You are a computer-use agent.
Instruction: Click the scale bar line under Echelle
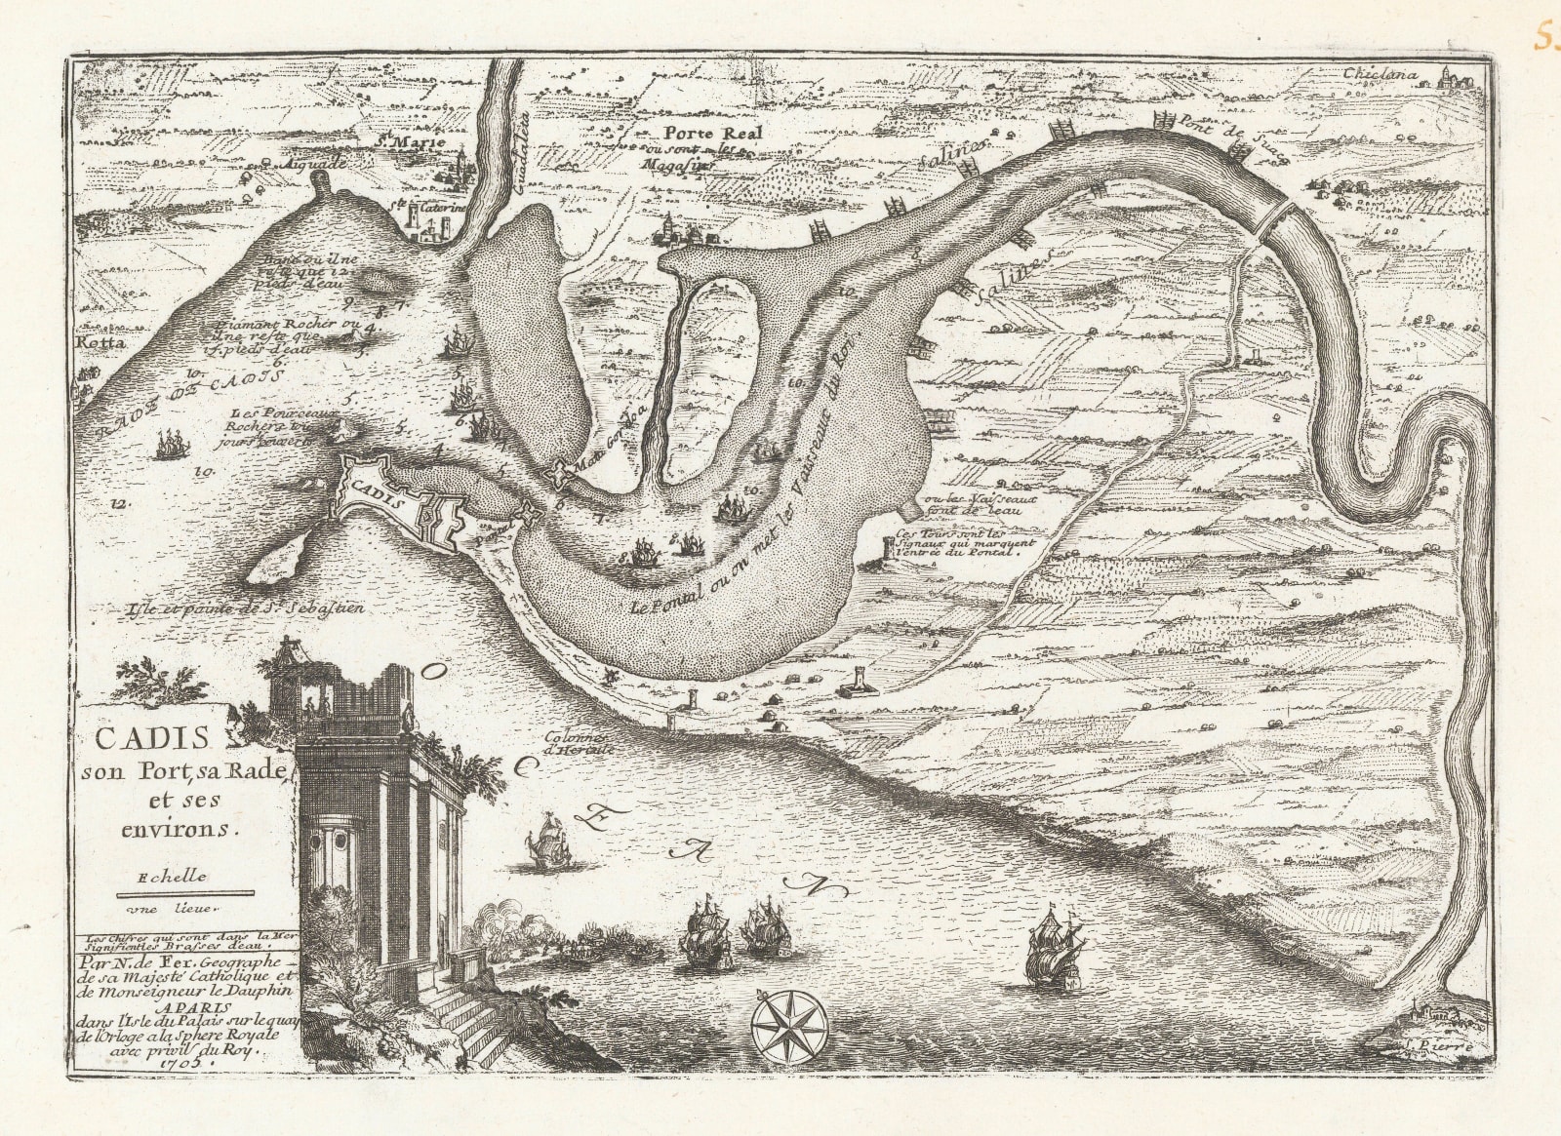184,893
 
